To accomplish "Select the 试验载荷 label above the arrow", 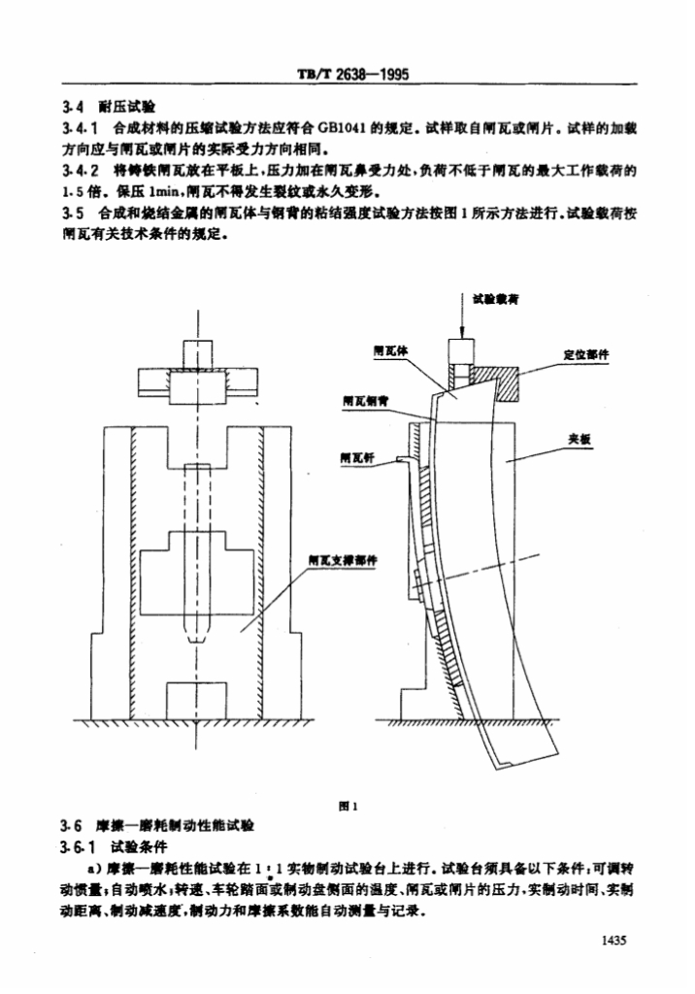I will [493, 301].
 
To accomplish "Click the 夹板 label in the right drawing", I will [579, 439].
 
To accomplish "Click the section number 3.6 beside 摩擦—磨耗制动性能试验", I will [69, 826].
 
